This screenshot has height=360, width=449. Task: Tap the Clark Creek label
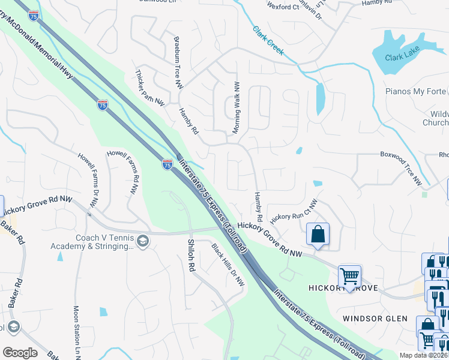[x=267, y=41]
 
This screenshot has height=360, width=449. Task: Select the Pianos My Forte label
[x=417, y=91]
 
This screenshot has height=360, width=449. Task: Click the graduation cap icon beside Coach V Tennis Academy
[x=143, y=241]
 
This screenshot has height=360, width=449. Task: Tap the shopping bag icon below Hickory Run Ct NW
[x=318, y=234]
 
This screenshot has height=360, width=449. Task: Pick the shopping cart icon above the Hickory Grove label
[x=349, y=276]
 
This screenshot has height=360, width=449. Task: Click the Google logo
[x=20, y=353]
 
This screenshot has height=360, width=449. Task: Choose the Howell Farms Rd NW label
[x=124, y=172]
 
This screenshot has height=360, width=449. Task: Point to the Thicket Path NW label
[x=150, y=88]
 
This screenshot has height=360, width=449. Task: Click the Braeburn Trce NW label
[x=178, y=63]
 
